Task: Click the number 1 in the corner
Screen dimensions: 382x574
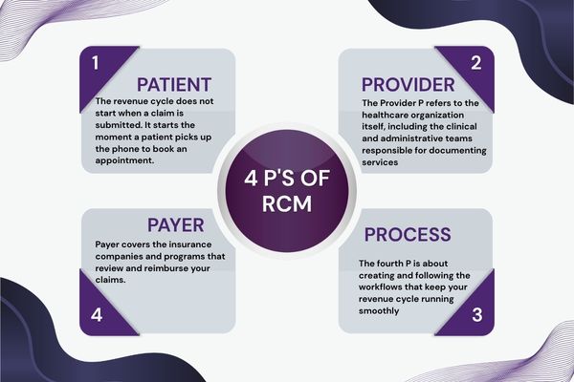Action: click(x=95, y=63)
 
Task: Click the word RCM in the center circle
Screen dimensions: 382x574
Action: click(x=287, y=207)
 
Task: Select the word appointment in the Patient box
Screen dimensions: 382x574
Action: click(x=123, y=161)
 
